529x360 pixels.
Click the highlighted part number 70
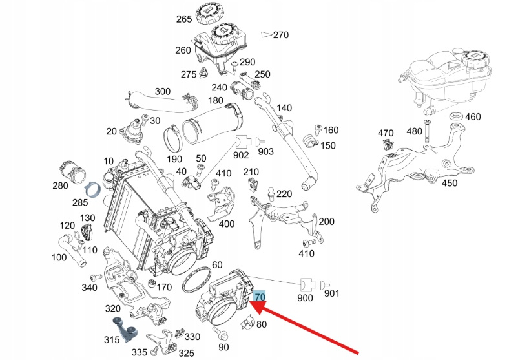(x=260, y=297)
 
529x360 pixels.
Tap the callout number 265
(x=184, y=19)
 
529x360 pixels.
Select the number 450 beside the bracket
(x=449, y=183)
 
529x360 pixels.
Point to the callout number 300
(x=163, y=92)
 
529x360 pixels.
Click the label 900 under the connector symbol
(x=305, y=298)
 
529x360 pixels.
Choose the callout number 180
(x=215, y=101)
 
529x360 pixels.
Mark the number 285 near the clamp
(x=79, y=203)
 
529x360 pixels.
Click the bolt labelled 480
(x=427, y=132)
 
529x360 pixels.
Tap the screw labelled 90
(x=221, y=335)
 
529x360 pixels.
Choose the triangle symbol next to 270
(x=265, y=35)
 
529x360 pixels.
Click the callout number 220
(x=285, y=194)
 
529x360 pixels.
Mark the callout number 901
(x=331, y=295)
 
